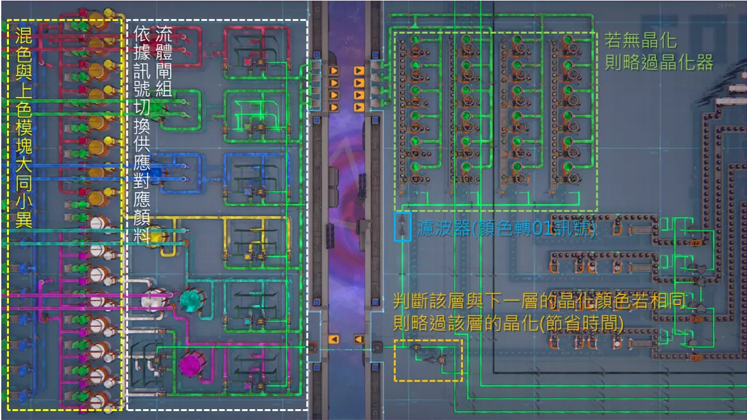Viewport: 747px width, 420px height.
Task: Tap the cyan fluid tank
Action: click(190, 300)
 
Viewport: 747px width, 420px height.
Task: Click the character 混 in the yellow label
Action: click(24, 36)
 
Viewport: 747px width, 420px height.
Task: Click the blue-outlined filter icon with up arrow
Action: click(403, 226)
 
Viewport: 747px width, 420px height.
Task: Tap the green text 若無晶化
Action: click(640, 42)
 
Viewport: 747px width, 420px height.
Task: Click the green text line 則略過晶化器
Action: click(659, 62)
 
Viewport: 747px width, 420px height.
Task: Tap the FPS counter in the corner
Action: click(734, 6)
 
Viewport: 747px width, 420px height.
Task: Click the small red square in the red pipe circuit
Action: click(247, 61)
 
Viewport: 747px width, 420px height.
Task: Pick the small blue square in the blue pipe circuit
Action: click(247, 191)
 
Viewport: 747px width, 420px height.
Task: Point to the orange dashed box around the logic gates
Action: click(428, 361)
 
